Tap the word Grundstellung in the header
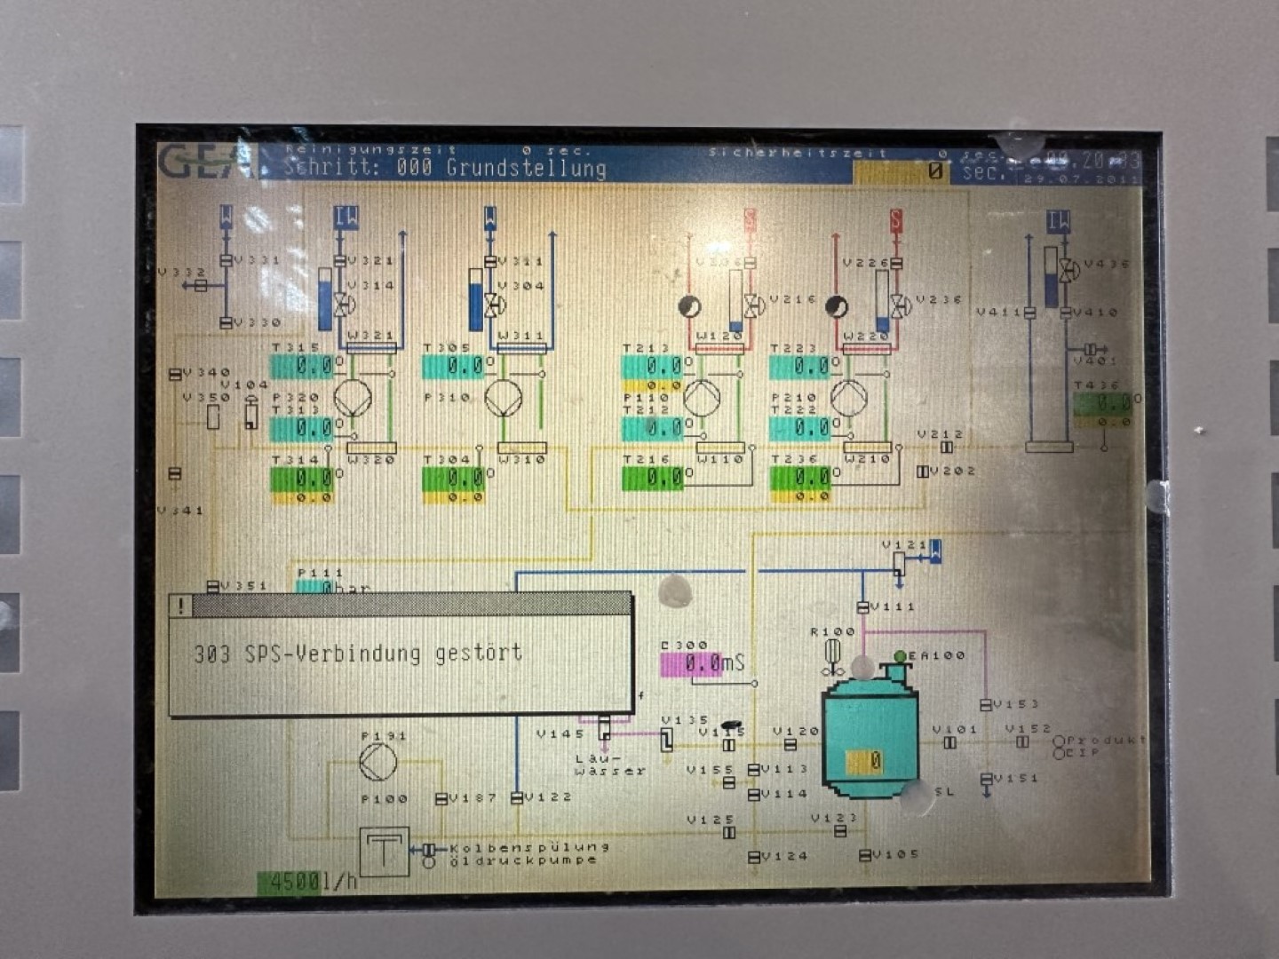point(526,168)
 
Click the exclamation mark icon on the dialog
point(181,606)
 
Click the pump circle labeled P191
point(378,763)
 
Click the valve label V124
point(784,856)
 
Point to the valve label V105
point(895,854)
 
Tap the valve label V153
point(1015,704)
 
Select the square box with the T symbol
point(384,852)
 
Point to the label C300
point(685,646)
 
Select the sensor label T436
point(1096,385)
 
